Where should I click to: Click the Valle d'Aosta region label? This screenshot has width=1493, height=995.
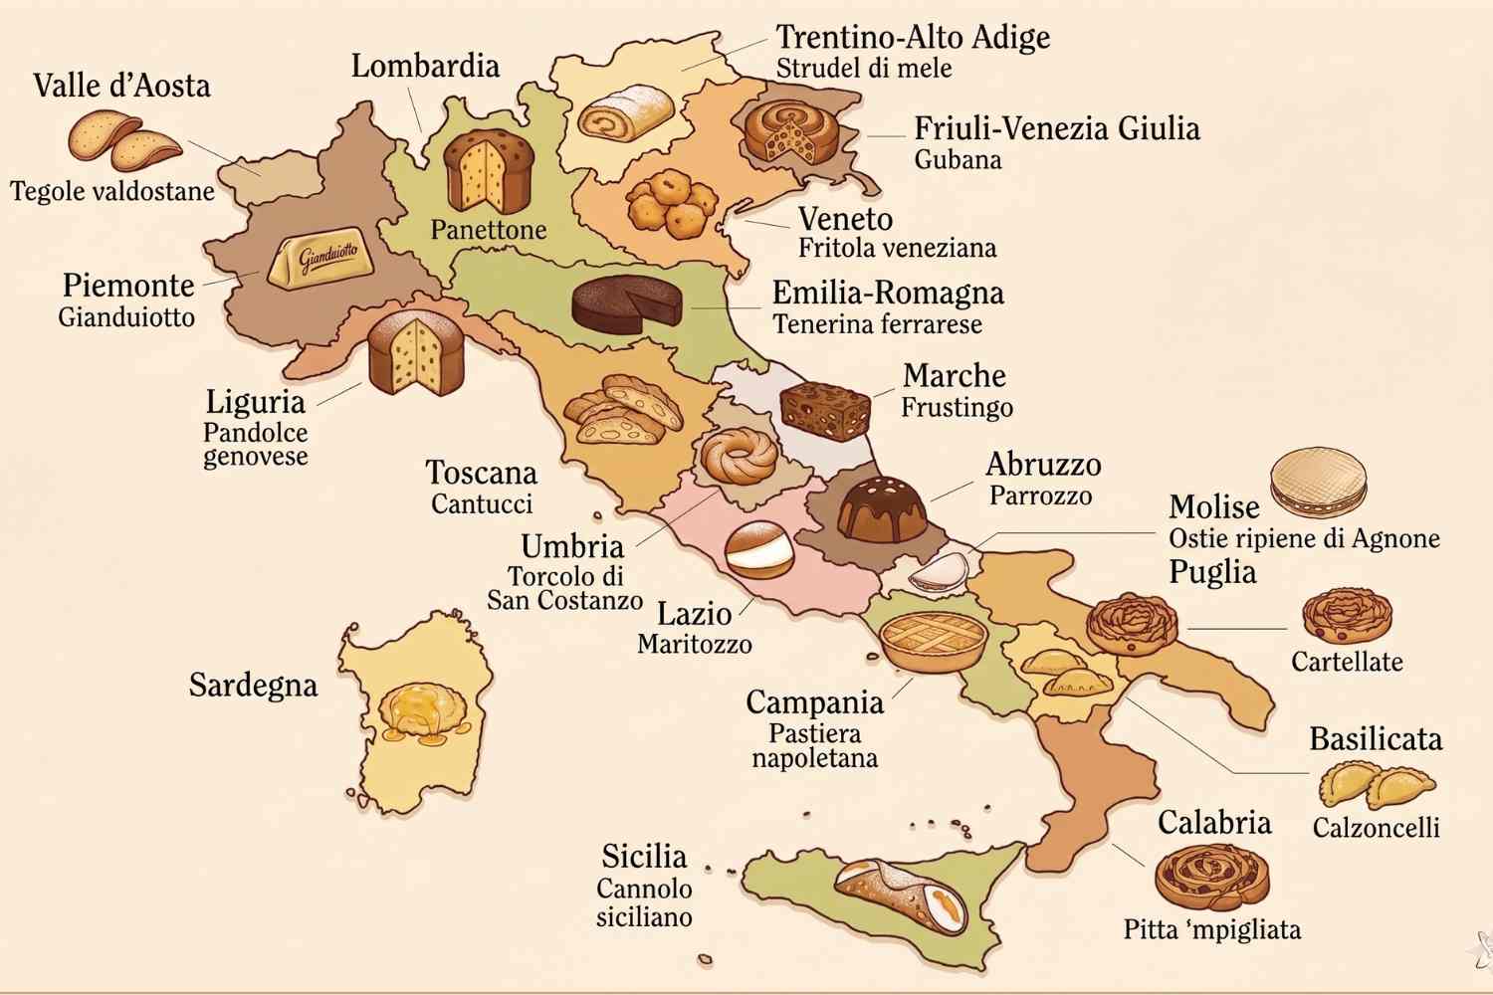[121, 86]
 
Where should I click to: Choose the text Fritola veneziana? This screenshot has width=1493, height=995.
[897, 248]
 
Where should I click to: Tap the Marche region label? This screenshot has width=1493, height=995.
[954, 376]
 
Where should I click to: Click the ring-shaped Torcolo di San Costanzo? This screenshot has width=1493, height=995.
[740, 458]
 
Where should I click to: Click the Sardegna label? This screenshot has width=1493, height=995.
[253, 686]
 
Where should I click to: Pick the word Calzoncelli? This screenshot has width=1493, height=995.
[1376, 828]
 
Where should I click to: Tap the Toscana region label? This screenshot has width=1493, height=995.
[481, 473]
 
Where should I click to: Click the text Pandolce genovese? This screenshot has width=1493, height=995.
[255, 445]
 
